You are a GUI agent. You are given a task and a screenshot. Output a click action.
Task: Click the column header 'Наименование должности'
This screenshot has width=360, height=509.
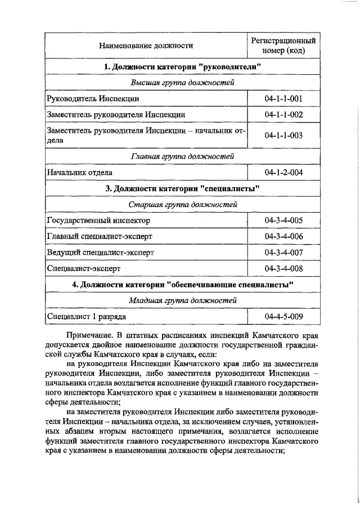tap(145, 46)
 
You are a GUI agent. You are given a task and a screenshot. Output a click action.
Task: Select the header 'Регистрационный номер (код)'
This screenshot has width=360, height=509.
tap(283, 46)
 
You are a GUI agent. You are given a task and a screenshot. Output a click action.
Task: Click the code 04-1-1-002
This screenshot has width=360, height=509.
tap(283, 115)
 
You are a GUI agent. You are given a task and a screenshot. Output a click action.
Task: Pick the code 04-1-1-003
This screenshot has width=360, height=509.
tap(283, 135)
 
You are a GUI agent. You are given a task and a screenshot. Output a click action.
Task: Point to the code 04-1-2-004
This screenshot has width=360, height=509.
tap(283, 172)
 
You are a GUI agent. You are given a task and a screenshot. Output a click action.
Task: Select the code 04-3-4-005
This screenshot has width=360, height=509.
tap(283, 220)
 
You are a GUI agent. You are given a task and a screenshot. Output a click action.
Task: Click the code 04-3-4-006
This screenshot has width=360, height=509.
tap(283, 236)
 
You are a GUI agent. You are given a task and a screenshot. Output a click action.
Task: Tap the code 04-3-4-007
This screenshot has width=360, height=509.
tap(283, 253)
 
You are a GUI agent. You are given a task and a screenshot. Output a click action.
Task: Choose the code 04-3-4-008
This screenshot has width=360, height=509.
tap(283, 269)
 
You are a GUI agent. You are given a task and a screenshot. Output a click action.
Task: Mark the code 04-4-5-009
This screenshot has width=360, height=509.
tap(283, 317)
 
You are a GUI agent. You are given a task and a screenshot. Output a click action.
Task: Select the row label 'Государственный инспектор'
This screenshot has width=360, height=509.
tap(98, 220)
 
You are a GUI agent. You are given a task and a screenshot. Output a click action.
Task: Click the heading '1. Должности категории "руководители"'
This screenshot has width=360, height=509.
tap(183, 67)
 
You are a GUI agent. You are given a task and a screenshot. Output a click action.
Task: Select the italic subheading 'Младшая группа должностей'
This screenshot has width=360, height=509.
tap(183, 301)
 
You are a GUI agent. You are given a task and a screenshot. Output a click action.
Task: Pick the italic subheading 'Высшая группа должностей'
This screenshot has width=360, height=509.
tap(183, 83)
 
